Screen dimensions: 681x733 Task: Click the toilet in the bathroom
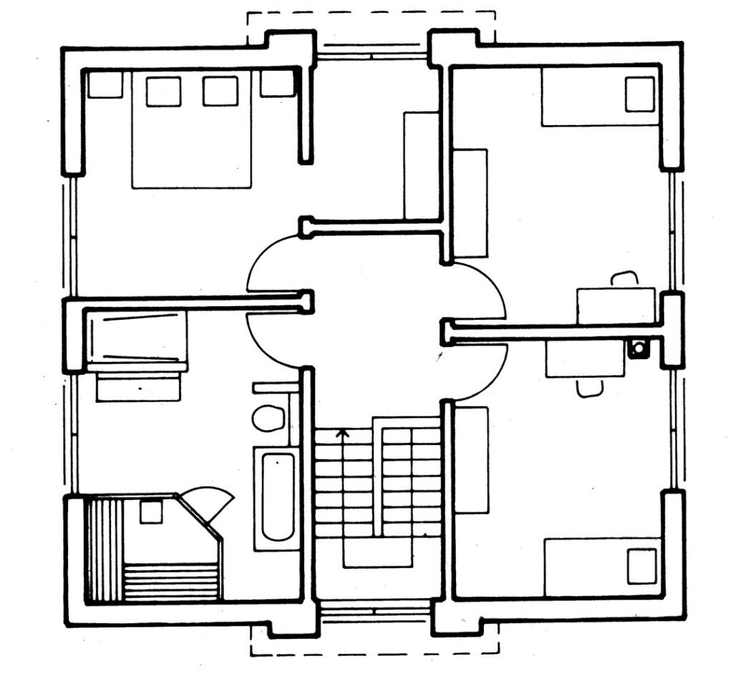(268, 418)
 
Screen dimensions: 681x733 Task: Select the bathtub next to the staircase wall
(276, 499)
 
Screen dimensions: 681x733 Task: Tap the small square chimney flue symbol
(637, 349)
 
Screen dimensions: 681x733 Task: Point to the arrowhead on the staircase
(343, 432)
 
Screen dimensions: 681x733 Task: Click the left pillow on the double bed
(163, 92)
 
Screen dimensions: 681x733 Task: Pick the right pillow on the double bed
(220, 92)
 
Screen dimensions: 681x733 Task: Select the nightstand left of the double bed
(105, 84)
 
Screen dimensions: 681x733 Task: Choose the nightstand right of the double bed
(278, 84)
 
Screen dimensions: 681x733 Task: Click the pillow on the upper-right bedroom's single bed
(639, 94)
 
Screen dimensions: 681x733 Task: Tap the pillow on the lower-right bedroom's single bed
(642, 566)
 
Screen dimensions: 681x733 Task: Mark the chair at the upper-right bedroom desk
(624, 278)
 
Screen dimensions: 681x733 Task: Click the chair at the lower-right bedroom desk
(589, 388)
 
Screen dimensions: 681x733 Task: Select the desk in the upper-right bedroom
(616, 305)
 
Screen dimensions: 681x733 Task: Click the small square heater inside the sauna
(150, 512)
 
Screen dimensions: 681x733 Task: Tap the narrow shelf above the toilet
(275, 387)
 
